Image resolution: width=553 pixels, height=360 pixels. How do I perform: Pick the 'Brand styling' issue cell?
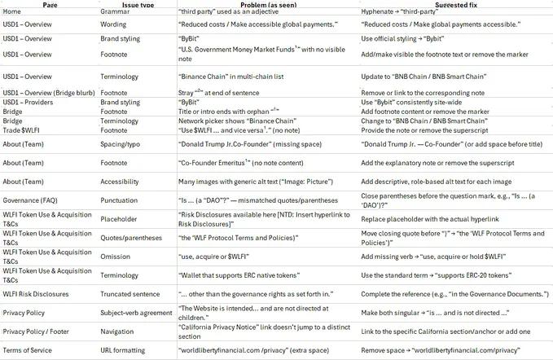click(x=120, y=38)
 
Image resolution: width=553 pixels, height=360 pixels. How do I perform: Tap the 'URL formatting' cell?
click(x=125, y=350)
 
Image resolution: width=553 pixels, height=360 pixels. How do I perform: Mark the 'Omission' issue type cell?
click(x=116, y=257)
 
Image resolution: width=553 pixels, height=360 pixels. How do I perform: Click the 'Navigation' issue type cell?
click(x=118, y=331)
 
